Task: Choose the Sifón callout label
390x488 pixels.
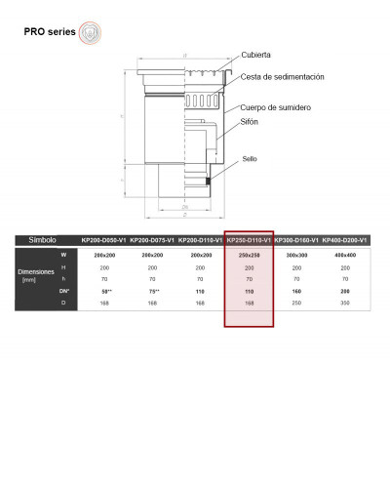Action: (251, 122)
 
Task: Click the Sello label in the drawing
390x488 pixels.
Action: (251, 157)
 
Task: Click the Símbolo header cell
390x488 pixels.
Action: (44, 239)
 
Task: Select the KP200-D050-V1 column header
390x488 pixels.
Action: (103, 240)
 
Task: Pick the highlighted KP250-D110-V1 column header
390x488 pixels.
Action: (249, 240)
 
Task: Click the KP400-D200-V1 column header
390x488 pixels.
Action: (344, 240)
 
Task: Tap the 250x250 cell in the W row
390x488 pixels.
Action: (249, 255)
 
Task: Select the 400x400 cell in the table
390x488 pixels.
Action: (344, 255)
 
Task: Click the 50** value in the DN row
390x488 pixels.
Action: (103, 291)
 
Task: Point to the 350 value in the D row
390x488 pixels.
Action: (344, 303)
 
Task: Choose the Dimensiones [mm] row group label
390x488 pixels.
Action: (35, 275)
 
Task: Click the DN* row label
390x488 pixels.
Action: (64, 291)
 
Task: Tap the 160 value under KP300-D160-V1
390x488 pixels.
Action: (296, 291)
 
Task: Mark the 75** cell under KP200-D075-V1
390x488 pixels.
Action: (151, 291)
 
